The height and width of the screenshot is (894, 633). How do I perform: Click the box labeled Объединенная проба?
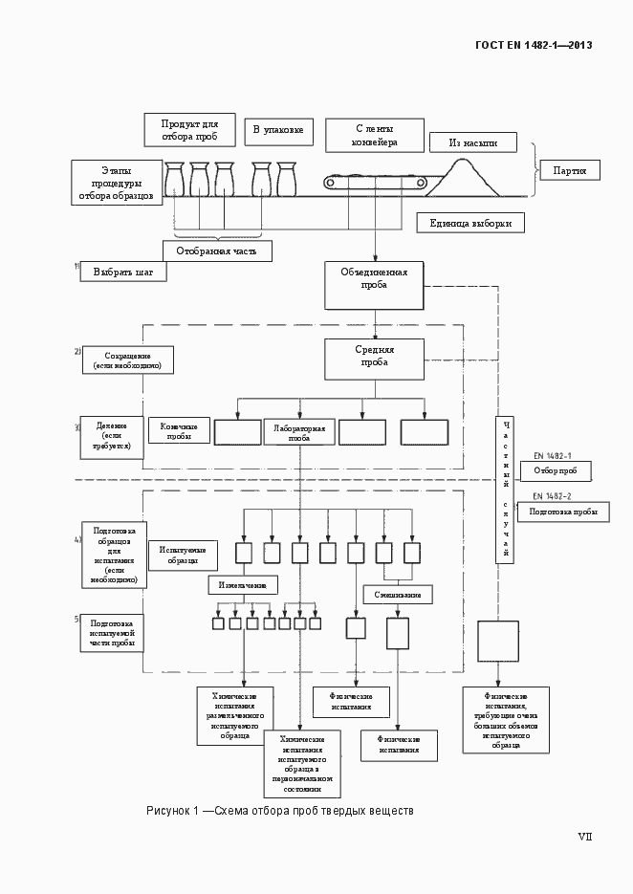click(x=374, y=285)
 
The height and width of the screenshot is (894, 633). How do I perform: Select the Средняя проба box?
click(x=374, y=359)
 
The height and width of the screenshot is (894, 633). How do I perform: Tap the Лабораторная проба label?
click(x=299, y=432)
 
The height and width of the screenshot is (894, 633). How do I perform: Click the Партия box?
click(x=570, y=170)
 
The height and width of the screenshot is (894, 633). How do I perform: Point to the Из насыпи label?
click(x=473, y=142)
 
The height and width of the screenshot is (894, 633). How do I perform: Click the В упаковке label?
click(x=277, y=129)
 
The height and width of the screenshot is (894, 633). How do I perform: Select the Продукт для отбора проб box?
click(x=190, y=130)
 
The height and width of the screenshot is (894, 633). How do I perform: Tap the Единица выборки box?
click(x=470, y=224)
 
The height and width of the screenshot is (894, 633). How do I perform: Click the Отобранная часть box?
click(x=217, y=251)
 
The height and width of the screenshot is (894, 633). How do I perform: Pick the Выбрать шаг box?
click(x=124, y=273)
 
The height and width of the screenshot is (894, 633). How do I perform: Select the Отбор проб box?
click(x=555, y=470)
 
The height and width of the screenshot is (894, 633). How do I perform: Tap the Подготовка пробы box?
click(x=562, y=512)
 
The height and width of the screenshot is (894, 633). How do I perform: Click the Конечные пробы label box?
click(x=179, y=430)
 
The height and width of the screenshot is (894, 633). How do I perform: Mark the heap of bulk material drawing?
click(x=469, y=178)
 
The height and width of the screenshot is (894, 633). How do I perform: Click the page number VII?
click(x=584, y=836)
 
